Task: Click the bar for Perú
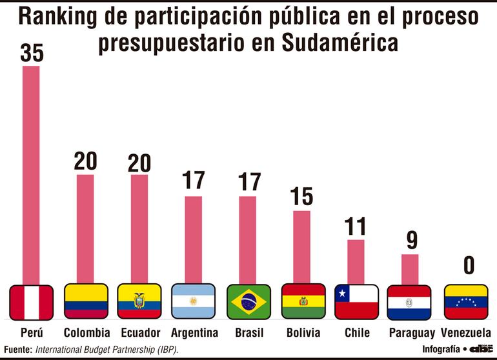(31, 174)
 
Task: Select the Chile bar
(356, 261)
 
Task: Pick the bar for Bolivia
(302, 246)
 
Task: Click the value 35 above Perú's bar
(31, 53)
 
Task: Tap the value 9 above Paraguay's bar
(411, 241)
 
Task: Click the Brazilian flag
(249, 302)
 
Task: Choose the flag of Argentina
(193, 302)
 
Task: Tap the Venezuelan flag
(466, 302)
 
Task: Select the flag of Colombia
(86, 302)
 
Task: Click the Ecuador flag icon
(139, 302)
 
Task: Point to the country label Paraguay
(411, 333)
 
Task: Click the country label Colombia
(86, 333)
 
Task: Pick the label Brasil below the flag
(249, 333)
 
